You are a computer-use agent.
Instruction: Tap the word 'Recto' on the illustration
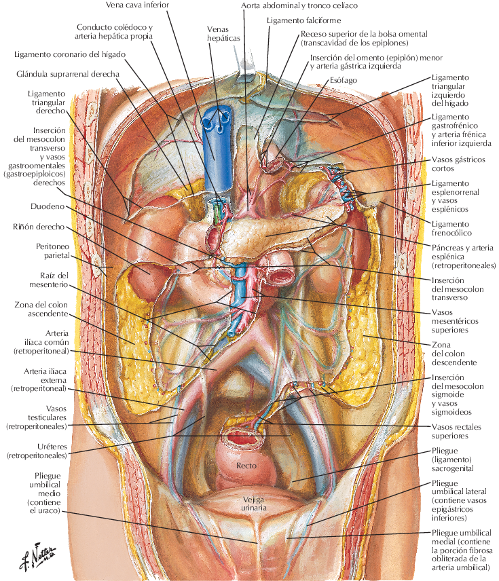point(246,466)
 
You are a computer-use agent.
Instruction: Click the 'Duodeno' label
point(47,205)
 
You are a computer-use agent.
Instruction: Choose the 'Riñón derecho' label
point(38,227)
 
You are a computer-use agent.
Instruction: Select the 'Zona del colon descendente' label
point(456,353)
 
